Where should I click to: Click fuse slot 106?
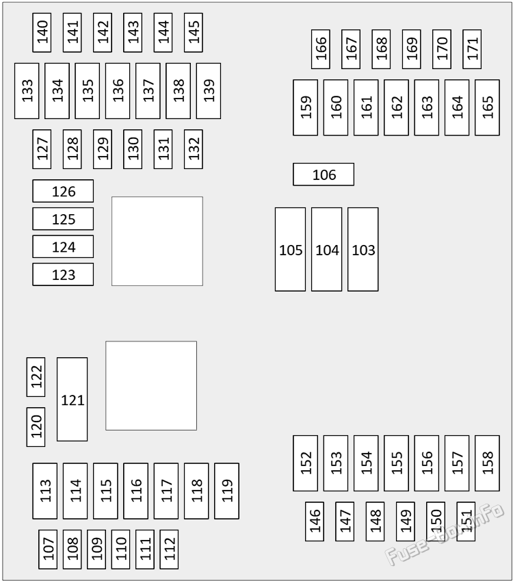click(324, 174)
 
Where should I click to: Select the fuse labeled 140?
click(42, 33)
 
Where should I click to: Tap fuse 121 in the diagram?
click(73, 400)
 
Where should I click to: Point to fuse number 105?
click(291, 249)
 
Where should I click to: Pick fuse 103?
click(363, 249)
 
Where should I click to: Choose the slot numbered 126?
click(63, 191)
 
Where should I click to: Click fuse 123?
click(63, 274)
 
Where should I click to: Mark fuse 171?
click(472, 49)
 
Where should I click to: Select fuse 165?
click(487, 107)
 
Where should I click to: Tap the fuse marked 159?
click(305, 107)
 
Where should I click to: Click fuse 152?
click(305, 463)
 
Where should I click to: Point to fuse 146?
click(315, 521)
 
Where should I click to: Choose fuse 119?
click(226, 491)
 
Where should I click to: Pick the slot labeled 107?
click(48, 549)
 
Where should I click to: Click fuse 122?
click(36, 377)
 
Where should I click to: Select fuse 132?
click(194, 149)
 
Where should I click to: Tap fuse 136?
click(118, 91)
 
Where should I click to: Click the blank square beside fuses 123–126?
click(157, 241)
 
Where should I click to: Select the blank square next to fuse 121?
click(151, 386)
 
